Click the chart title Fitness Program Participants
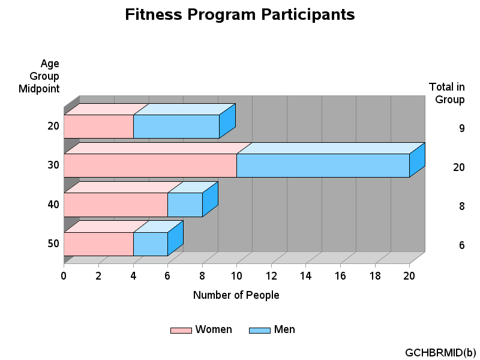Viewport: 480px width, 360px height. tap(239, 14)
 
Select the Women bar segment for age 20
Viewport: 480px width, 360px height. tap(98, 127)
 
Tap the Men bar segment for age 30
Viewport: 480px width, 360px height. tap(323, 166)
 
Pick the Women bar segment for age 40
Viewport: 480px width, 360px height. tap(116, 205)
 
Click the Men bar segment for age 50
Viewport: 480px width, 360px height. tap(151, 244)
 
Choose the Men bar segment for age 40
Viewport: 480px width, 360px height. tap(185, 205)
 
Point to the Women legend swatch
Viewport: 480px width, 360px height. tap(181, 331)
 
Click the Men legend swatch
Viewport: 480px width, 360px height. tap(260, 331)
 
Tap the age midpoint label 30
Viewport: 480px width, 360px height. tap(53, 165)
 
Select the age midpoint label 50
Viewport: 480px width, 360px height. tap(53, 244)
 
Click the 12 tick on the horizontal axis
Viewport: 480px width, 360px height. tap(271, 276)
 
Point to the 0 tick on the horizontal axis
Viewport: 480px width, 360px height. tap(64, 276)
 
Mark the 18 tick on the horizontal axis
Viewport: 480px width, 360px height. tap(375, 276)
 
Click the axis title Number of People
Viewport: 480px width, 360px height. tap(236, 295)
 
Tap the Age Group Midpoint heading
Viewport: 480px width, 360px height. tap(39, 76)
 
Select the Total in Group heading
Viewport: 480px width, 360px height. tap(447, 93)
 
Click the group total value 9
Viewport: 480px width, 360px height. tap(462, 128)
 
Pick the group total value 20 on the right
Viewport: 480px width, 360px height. tap(459, 167)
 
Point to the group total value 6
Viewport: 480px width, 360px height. tap(462, 245)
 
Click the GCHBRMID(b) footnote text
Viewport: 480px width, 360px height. tap(440, 353)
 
